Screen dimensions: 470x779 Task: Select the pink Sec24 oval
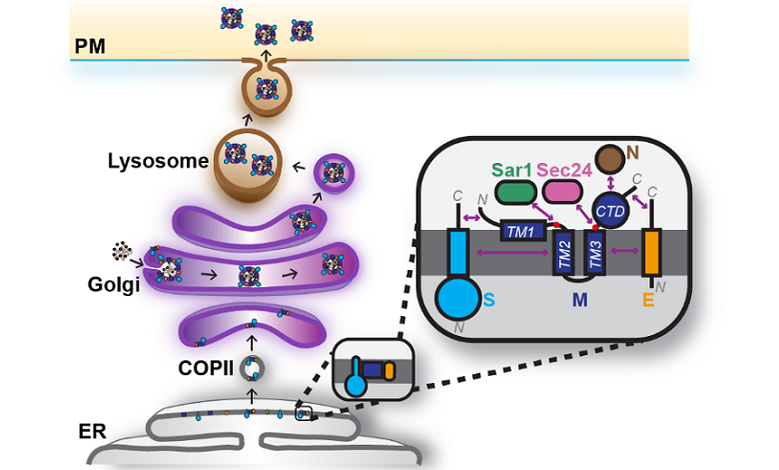[565, 190]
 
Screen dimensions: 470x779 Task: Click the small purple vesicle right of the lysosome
[337, 178]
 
